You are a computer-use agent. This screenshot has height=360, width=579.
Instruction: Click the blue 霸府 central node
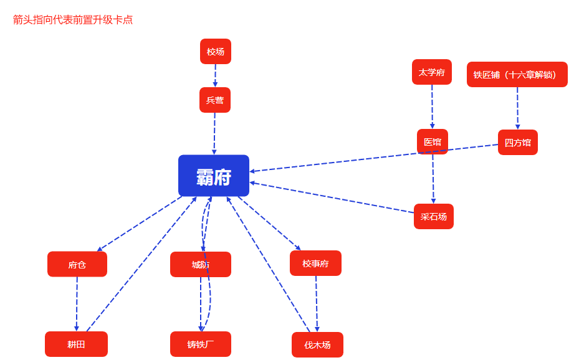tap(214, 176)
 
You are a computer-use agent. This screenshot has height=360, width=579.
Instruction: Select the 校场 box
tap(216, 52)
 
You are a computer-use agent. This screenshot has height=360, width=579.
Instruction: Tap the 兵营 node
tap(215, 100)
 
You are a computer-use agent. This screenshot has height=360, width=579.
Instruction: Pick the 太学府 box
tap(432, 72)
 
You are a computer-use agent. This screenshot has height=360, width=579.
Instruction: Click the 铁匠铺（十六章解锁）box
tap(517, 75)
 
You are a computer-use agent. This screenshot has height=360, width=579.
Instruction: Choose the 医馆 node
tap(433, 142)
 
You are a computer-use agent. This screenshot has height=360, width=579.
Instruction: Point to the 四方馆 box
tap(518, 143)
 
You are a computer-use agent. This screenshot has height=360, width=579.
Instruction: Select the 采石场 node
tap(434, 217)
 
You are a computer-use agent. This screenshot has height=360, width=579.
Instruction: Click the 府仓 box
tap(77, 265)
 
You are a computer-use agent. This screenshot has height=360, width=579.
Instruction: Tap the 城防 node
tap(201, 265)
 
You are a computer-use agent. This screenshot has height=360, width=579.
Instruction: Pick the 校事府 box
tap(315, 263)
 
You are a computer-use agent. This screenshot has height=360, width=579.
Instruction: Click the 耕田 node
tap(76, 344)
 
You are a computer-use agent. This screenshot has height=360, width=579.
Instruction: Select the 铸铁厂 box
tap(201, 344)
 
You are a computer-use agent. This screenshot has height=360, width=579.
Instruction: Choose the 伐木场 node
tap(317, 345)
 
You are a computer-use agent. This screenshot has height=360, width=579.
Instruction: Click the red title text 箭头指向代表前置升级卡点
tap(73, 20)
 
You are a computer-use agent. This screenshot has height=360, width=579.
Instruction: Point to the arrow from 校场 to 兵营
tap(215, 75)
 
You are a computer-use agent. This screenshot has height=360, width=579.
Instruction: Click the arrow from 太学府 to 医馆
tap(432, 107)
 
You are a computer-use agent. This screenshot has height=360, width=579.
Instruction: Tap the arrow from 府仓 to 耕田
tap(77, 304)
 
